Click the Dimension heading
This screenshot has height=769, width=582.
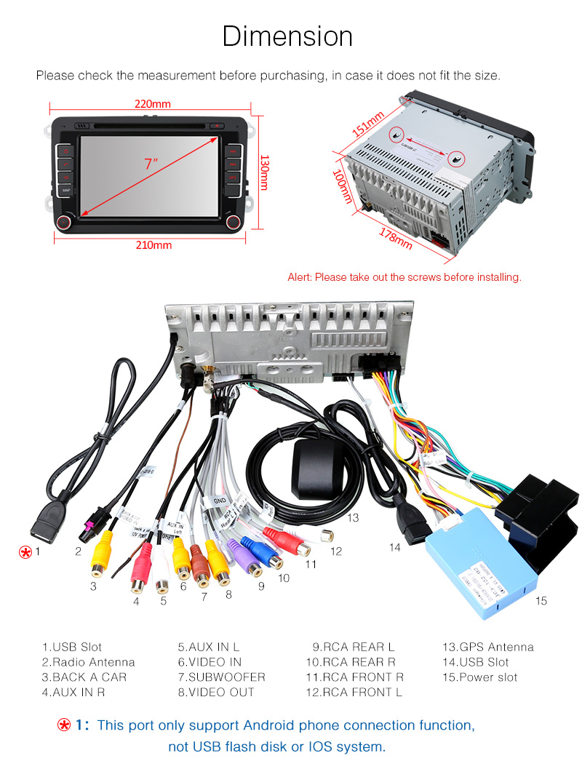[x=287, y=36]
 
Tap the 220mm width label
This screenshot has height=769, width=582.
[x=152, y=104]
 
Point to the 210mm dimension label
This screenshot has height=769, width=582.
[x=154, y=245]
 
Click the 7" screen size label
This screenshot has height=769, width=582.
[x=151, y=164]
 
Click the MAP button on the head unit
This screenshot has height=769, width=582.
[x=66, y=191]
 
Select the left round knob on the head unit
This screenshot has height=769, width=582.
[x=65, y=221]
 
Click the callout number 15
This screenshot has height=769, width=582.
[x=541, y=601]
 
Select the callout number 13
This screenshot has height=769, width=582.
[x=353, y=518]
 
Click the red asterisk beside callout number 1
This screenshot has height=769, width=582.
[x=25, y=552]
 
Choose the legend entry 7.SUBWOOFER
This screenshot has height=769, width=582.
[x=221, y=677]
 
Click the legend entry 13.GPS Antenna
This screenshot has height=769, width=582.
[x=487, y=647]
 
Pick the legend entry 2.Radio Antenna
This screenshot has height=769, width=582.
[x=88, y=662]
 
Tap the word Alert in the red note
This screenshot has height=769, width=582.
[x=299, y=277]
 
